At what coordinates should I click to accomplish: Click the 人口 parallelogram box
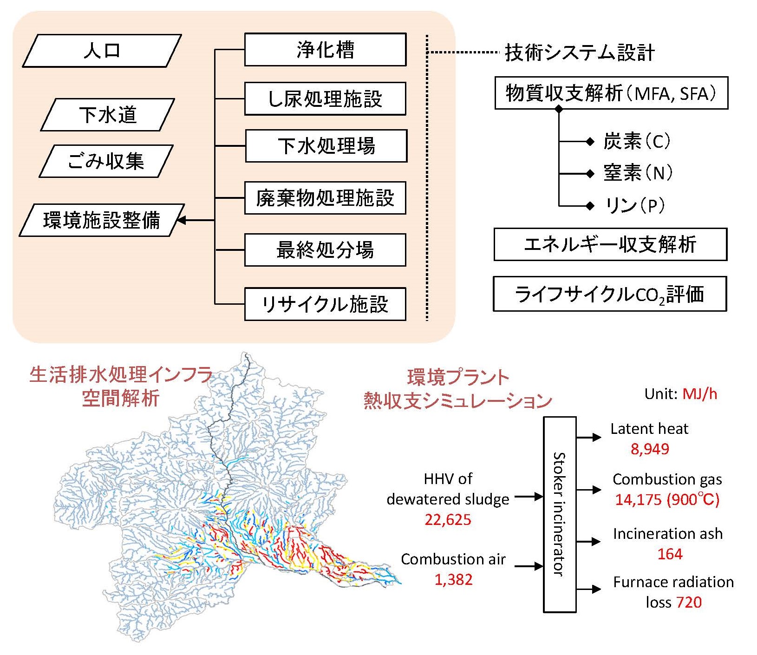click(102, 51)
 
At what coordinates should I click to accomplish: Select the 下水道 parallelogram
click(108, 115)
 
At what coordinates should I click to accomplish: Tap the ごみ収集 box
click(106, 161)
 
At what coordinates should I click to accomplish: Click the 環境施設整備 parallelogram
click(102, 220)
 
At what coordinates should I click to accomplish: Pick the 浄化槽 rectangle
click(325, 50)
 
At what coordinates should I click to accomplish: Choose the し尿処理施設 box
click(325, 98)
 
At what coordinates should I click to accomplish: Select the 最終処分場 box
click(325, 250)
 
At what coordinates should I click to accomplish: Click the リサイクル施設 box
click(325, 304)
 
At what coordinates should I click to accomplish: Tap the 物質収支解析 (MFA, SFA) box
click(611, 93)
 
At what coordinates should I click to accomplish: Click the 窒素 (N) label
click(638, 173)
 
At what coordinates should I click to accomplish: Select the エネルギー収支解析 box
click(610, 244)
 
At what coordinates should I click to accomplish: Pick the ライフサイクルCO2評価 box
click(610, 294)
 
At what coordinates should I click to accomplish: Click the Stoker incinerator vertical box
click(560, 514)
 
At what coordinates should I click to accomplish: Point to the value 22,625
click(448, 519)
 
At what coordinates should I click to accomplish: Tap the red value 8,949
click(650, 449)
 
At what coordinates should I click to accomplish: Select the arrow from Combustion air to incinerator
click(529, 566)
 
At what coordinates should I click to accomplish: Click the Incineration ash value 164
click(670, 554)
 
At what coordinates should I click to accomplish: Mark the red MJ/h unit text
click(699, 394)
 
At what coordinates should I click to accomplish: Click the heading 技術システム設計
click(580, 52)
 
